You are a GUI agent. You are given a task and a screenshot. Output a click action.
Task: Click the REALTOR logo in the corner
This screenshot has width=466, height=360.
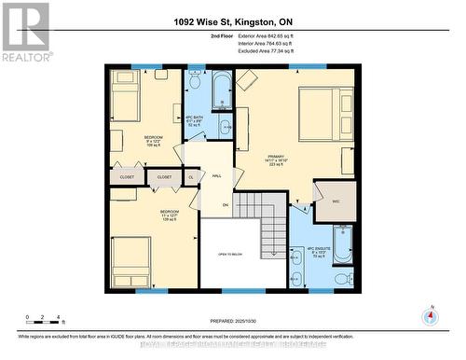[x=25, y=32]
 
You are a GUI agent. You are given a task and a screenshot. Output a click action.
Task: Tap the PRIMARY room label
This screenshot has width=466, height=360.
[x=275, y=157]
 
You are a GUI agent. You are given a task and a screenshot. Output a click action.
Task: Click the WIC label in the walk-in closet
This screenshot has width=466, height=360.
[x=336, y=201]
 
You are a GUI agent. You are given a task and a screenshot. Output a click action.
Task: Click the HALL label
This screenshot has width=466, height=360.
[x=216, y=175]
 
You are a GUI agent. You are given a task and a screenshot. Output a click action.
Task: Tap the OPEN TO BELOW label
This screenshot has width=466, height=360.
[x=231, y=254]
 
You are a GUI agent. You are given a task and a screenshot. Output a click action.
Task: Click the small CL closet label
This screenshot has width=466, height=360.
[x=191, y=175]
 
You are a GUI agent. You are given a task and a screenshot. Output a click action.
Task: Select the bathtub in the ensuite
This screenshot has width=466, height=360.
[x=341, y=244]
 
